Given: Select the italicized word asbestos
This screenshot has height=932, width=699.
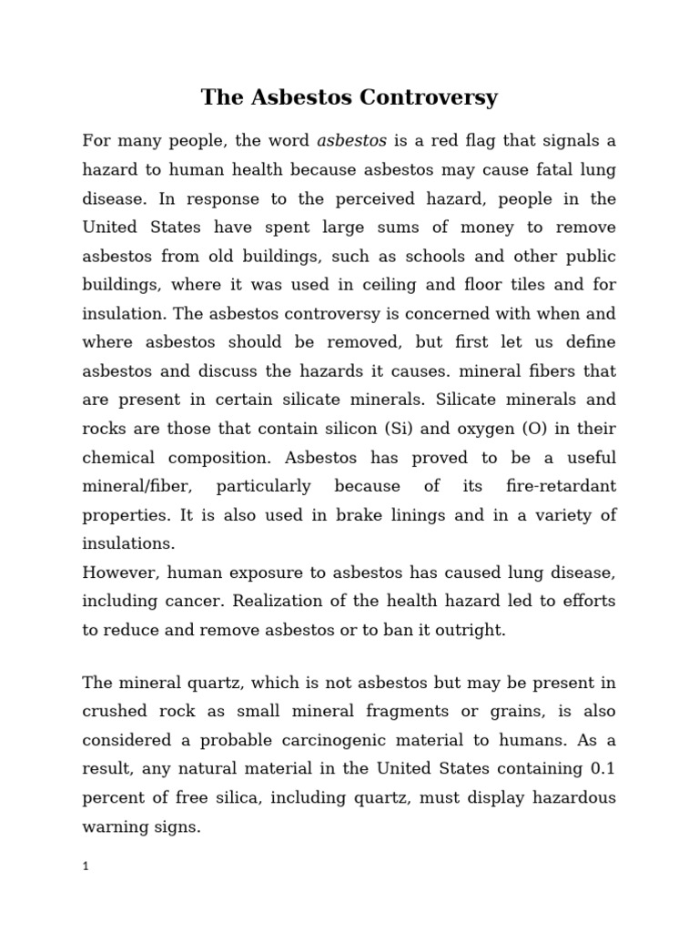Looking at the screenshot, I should pyautogui.click(x=351, y=141).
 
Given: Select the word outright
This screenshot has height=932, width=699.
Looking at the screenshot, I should pyautogui.click(x=467, y=630).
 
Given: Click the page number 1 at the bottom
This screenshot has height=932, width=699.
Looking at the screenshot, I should pyautogui.click(x=86, y=866).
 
